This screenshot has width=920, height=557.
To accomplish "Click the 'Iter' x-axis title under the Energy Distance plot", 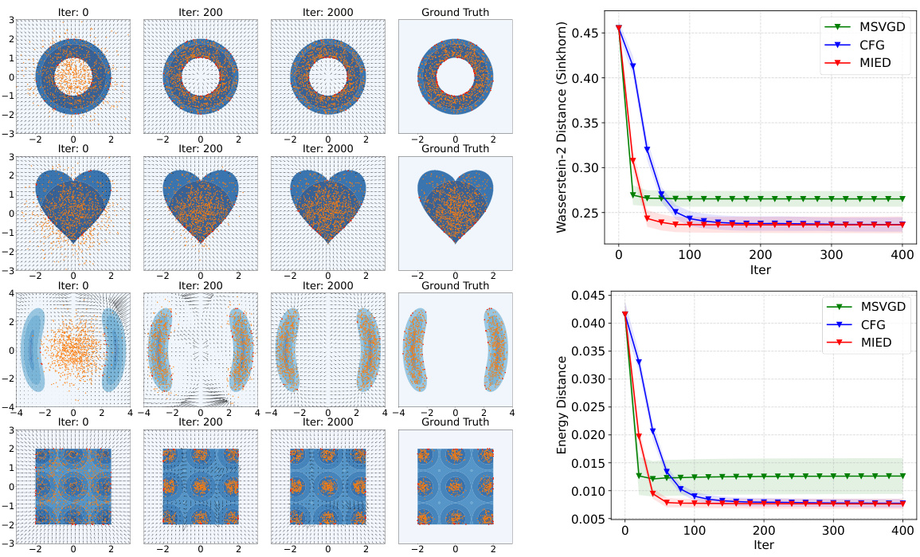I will click(x=763, y=546).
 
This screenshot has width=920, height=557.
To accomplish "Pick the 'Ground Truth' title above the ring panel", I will click(x=455, y=13).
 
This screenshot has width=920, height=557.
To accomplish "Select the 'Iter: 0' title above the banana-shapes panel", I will click(x=72, y=286).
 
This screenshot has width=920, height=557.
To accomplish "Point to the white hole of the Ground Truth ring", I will click(x=455, y=77).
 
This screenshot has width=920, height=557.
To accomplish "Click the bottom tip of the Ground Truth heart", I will click(x=455, y=242).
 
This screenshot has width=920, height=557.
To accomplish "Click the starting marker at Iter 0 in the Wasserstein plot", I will click(x=619, y=29).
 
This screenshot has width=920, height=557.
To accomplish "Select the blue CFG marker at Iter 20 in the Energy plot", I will click(x=639, y=362).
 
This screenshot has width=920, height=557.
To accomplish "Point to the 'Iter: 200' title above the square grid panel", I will click(x=200, y=422).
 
